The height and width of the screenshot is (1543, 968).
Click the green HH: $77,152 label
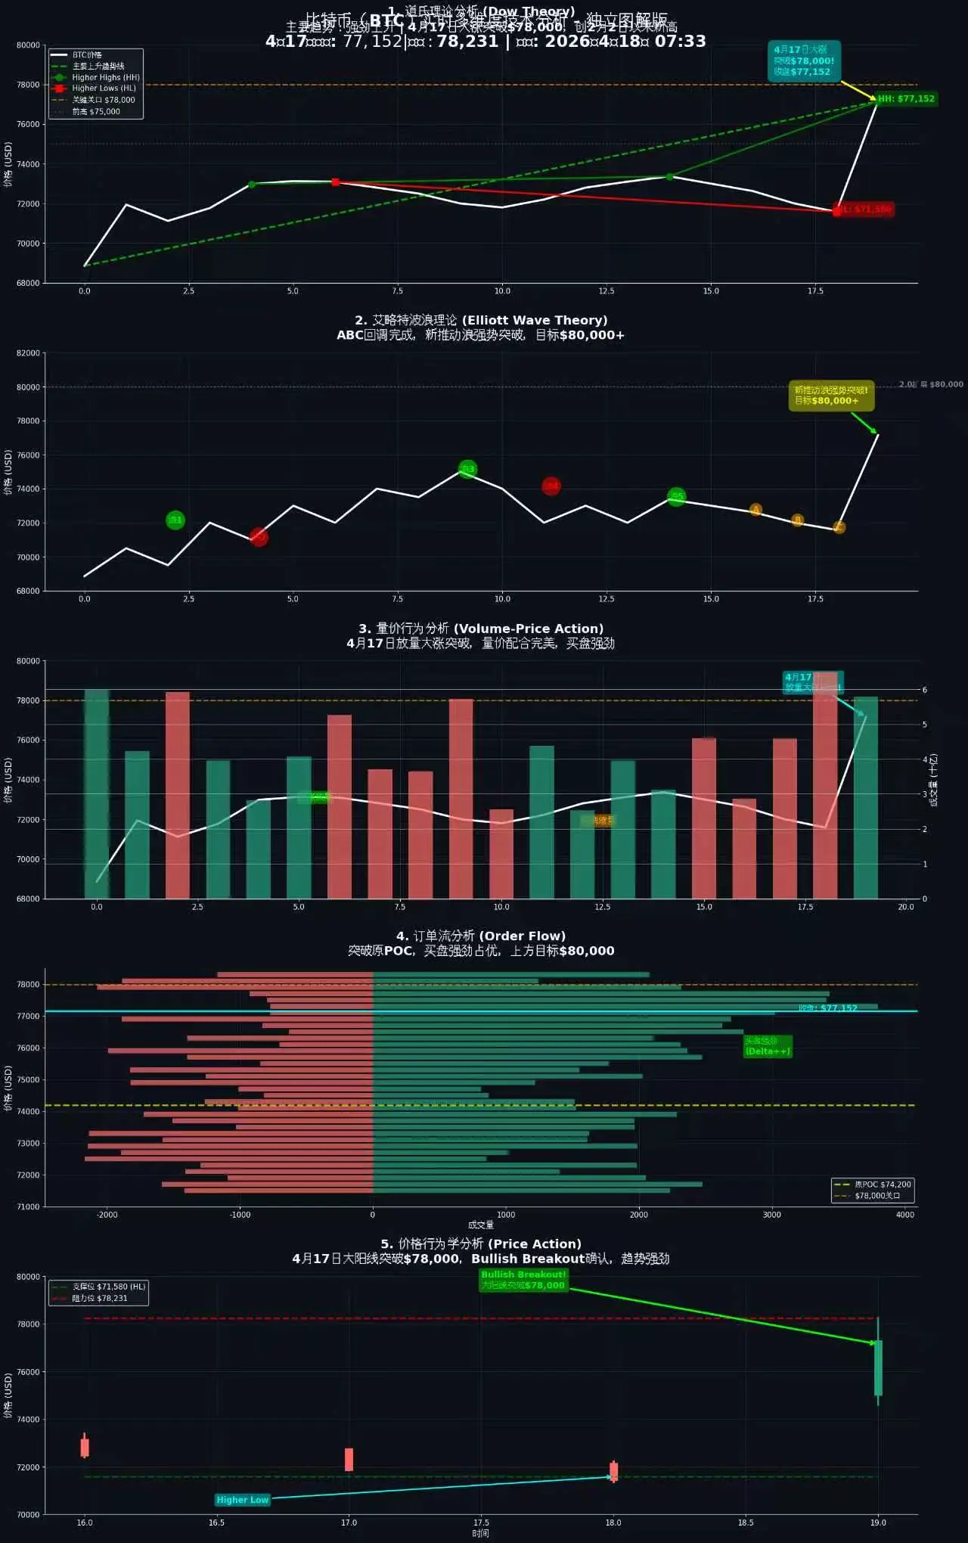point(906,98)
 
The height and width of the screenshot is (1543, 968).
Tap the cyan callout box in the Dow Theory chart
point(803,61)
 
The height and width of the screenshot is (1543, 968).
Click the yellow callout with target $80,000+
point(830,396)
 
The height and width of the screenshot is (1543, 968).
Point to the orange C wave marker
point(839,527)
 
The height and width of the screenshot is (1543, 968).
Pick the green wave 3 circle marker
point(468,469)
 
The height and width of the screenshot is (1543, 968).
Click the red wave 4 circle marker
point(551,486)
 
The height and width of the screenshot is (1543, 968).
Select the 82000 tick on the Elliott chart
point(28,353)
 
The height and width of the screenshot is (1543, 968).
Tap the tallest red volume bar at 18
point(825,787)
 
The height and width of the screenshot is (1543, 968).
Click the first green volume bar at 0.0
point(97,794)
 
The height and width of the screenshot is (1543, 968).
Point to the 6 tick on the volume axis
point(924,690)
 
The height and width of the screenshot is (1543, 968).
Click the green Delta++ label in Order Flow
point(767,1046)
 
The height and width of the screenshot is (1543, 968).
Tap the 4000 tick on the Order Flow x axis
point(904,1215)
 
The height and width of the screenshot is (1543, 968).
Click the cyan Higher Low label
point(242,1500)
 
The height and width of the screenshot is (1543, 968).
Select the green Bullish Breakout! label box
point(523,1280)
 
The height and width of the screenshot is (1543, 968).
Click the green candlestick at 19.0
point(878,1368)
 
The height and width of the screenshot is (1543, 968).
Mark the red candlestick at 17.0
point(349,1459)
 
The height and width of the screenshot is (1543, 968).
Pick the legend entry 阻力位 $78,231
point(99,1298)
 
